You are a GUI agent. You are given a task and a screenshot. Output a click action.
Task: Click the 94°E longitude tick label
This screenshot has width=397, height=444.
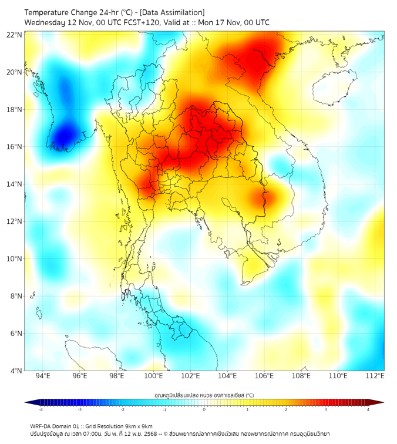tap(43, 376)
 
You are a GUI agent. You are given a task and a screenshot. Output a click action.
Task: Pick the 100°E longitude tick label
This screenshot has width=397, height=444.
tap(153, 376)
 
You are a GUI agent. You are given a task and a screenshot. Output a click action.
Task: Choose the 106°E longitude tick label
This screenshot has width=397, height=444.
tap(264, 376)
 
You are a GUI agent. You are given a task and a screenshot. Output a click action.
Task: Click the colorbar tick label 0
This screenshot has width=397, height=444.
tap(204, 410)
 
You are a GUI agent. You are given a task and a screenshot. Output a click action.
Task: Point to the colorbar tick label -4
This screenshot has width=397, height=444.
tap(40, 410)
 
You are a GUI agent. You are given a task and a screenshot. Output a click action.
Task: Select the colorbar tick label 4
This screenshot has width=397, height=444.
tap(368, 410)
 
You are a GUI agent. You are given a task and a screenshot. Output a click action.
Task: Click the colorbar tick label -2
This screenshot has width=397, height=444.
tap(122, 410)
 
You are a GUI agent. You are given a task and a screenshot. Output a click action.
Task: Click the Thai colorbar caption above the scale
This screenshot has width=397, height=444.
tap(204, 395)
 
